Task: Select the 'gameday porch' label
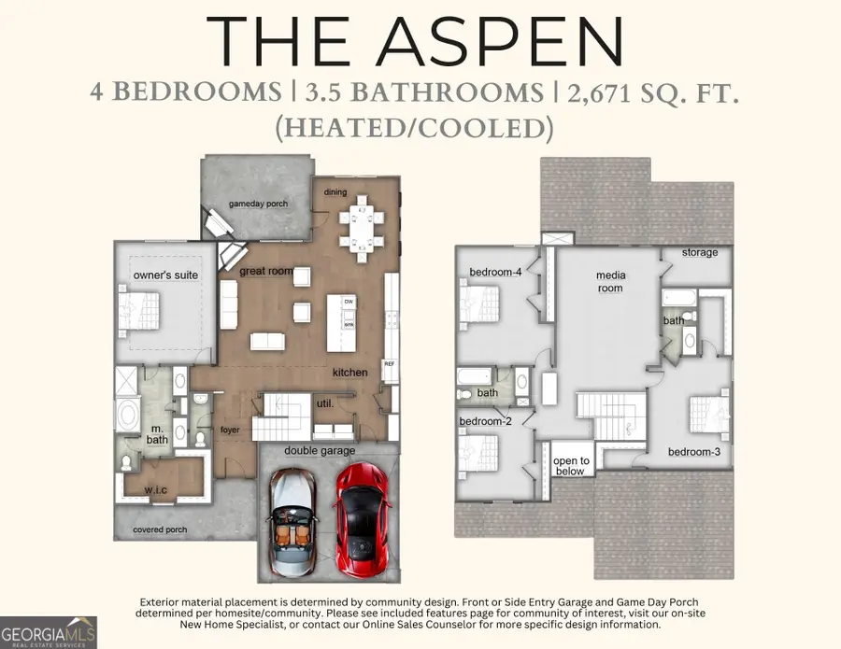click(x=258, y=204)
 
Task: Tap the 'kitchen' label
click(x=350, y=373)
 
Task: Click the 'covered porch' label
click(x=160, y=529)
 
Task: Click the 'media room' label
click(x=610, y=282)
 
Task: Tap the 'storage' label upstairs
click(x=700, y=252)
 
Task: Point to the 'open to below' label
click(x=571, y=466)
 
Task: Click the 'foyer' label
click(x=231, y=431)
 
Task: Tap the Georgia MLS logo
click(x=49, y=630)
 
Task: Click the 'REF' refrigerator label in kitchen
click(x=390, y=364)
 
